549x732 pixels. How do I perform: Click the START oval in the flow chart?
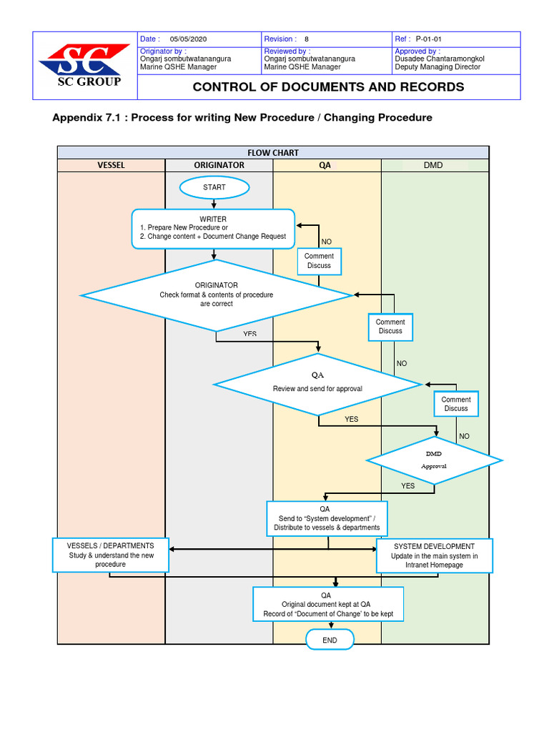214,187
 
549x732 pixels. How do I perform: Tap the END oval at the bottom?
330,640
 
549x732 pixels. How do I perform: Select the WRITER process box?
213,228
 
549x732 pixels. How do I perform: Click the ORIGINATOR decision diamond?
217,295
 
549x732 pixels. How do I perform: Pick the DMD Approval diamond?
435,459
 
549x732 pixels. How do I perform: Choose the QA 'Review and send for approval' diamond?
317,385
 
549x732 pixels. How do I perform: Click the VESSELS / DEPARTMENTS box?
111,555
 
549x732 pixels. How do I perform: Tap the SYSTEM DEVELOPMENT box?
434,555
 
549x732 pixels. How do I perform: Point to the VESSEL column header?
111,165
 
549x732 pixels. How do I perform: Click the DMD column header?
433,165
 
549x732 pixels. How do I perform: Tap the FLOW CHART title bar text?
273,152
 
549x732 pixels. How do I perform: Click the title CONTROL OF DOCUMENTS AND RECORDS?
328,87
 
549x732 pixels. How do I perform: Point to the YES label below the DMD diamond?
407,486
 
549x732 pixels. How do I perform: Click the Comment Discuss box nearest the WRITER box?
319,261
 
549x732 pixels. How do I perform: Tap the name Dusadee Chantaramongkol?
440,59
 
